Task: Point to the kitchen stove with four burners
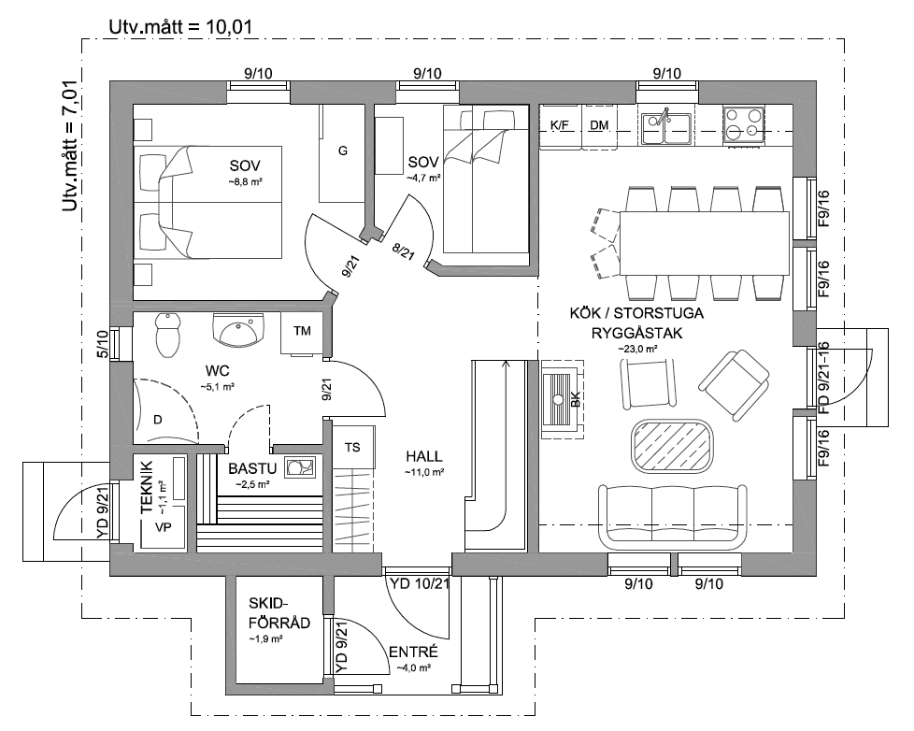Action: [743, 124]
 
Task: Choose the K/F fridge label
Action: [559, 125]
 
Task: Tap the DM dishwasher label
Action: [599, 125]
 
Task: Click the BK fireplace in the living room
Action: [564, 399]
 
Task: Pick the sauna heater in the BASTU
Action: [300, 467]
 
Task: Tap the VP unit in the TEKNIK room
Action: [164, 526]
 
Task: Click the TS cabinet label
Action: [352, 448]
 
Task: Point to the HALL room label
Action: [423, 456]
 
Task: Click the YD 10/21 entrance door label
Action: [419, 583]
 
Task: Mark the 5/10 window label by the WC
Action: [103, 344]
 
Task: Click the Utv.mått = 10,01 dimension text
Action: [180, 27]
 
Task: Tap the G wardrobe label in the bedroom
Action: [343, 151]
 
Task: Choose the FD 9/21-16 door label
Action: [823, 378]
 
